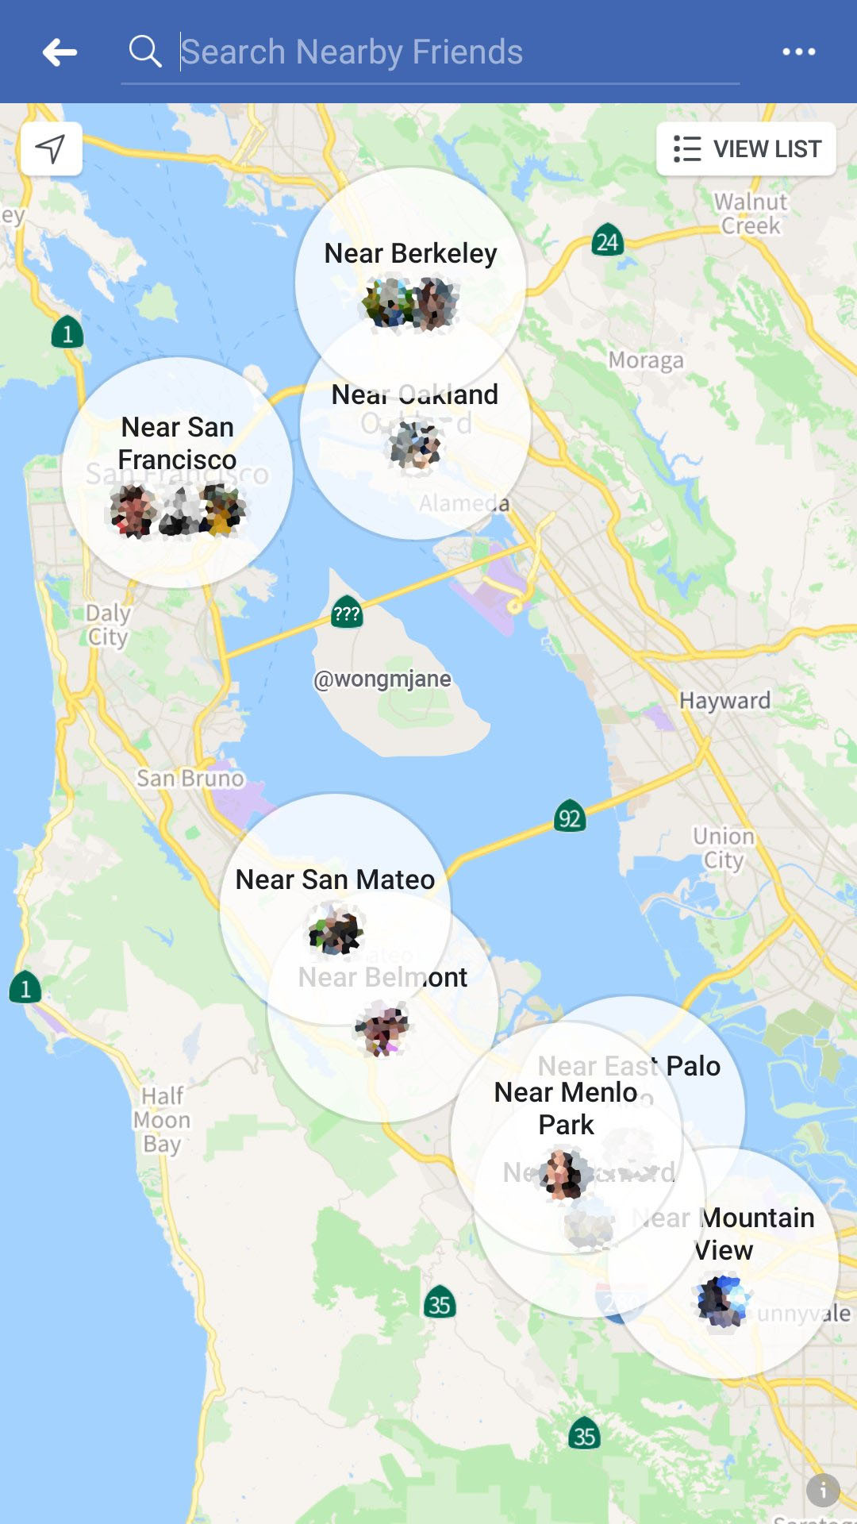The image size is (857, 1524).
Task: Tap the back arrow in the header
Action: [x=60, y=52]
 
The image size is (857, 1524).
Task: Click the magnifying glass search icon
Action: [x=145, y=52]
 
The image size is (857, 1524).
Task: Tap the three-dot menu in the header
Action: [x=798, y=52]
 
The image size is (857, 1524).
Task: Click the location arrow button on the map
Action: [x=51, y=148]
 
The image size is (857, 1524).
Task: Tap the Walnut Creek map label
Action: [x=751, y=214]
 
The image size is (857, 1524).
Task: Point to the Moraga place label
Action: [x=646, y=360]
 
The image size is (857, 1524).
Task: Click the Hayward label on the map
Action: [x=724, y=700]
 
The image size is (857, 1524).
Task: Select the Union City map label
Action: [x=723, y=848]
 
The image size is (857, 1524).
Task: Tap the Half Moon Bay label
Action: [x=162, y=1120]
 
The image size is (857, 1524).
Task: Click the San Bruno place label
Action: [x=190, y=778]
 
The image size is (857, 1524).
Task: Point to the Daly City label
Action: [x=108, y=625]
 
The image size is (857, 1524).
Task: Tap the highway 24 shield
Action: [x=607, y=241]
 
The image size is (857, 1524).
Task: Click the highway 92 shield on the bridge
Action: [x=570, y=817]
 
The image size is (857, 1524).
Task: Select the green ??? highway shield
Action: [x=347, y=614]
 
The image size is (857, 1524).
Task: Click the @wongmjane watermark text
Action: [x=382, y=679]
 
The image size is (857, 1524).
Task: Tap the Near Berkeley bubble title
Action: [x=410, y=253]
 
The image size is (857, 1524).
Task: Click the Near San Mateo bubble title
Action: [x=335, y=879]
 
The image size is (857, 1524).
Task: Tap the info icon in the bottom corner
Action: [x=823, y=1491]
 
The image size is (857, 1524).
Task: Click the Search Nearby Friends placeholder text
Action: [x=352, y=52]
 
